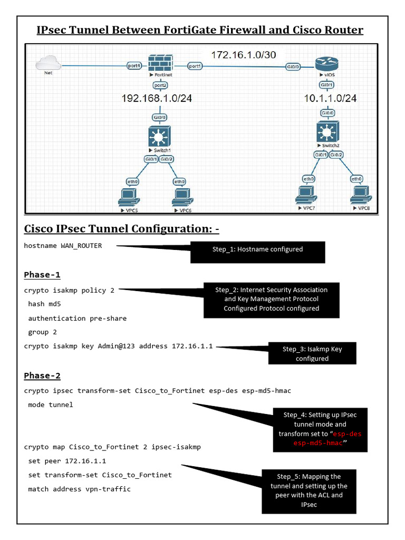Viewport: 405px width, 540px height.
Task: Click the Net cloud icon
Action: (46, 64)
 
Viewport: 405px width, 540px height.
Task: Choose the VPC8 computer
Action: (361, 196)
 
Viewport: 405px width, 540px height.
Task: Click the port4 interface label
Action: (134, 66)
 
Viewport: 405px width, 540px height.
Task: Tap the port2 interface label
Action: (160, 85)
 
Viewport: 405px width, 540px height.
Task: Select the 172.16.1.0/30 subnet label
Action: (243, 54)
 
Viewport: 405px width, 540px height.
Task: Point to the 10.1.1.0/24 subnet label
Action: (331, 98)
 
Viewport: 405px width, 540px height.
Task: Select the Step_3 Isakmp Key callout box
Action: (312, 353)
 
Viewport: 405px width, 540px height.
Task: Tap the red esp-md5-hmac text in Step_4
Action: (318, 443)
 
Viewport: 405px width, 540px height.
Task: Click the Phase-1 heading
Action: (42, 275)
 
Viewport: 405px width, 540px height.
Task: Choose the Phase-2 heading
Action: (42, 375)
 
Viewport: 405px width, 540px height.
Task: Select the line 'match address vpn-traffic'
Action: (79, 489)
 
